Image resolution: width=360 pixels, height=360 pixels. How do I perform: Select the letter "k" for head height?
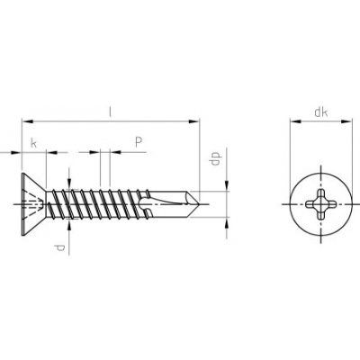pyautogui.click(x=33, y=142)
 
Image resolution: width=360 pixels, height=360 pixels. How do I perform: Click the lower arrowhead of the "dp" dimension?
pyautogui.click(x=223, y=221)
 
